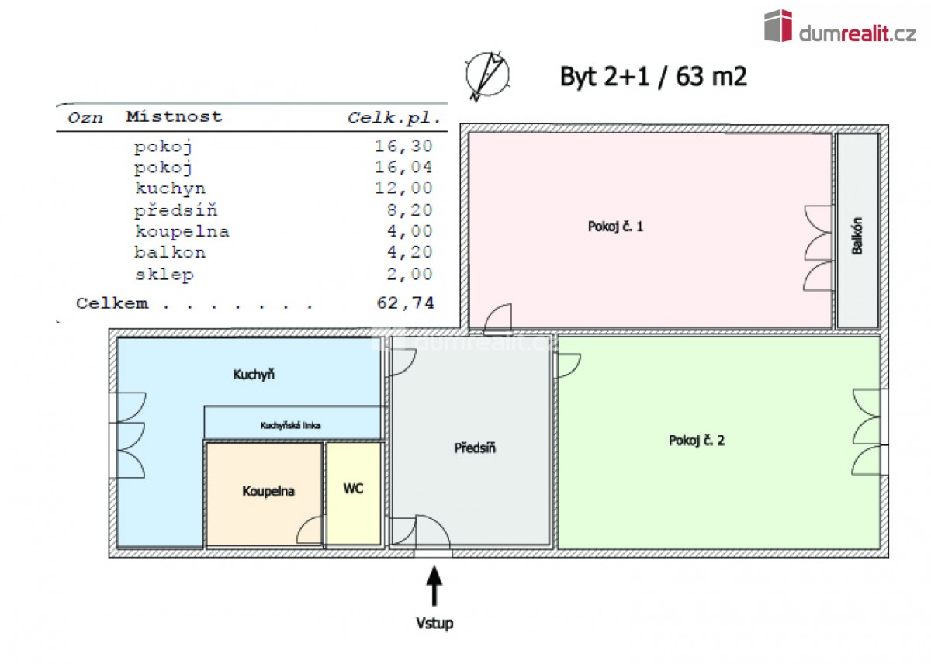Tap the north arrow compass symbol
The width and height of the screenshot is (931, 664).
488,74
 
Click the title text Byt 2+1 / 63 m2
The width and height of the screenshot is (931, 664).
653,76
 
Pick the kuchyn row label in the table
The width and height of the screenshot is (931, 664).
170,188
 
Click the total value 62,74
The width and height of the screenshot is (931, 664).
405,303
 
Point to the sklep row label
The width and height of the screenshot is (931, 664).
164,274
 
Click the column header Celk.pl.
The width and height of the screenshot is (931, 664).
394,118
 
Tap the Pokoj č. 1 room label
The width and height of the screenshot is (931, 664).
616,227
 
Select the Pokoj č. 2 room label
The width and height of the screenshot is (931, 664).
697,441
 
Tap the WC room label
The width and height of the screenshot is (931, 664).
353,489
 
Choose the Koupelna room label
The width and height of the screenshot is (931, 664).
268,491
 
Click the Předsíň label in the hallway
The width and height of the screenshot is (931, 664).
475,448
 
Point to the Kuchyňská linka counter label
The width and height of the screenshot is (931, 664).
291,425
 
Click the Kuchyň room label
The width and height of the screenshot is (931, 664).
254,375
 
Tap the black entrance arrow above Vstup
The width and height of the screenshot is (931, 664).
434,586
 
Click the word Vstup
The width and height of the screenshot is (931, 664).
434,623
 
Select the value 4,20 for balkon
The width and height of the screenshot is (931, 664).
410,252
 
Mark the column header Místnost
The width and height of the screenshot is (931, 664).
174,117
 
